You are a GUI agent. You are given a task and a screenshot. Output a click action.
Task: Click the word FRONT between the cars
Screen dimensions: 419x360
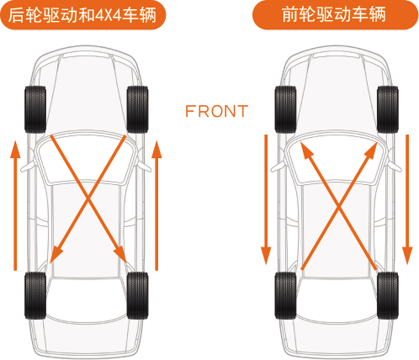click(216, 111)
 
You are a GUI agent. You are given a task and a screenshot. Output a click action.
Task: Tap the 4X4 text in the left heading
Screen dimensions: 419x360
click(109, 15)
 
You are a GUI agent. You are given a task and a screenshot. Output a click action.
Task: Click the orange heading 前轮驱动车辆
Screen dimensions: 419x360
click(335, 15)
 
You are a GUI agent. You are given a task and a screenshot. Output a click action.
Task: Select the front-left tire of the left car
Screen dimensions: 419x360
click(35, 109)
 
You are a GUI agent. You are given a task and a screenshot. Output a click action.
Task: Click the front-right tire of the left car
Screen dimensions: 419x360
click(137, 109)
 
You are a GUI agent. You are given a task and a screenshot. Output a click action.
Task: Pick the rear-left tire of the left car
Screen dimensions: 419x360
click(35, 295)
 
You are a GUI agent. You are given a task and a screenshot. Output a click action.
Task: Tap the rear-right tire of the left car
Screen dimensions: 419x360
click(137, 295)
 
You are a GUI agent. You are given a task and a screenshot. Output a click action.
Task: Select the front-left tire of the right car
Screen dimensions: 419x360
click(285, 109)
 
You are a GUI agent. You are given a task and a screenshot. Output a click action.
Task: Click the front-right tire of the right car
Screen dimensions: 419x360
click(388, 109)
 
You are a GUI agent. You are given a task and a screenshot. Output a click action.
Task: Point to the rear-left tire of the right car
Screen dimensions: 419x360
click(285, 295)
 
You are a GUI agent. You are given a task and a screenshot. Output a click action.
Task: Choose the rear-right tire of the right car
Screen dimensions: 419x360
click(388, 295)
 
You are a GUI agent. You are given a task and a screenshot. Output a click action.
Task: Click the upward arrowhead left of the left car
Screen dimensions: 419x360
click(15, 150)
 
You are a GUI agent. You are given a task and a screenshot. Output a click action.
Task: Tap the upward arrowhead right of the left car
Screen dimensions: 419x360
click(156, 150)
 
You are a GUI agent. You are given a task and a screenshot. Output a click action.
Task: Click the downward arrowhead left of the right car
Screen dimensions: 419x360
click(266, 256)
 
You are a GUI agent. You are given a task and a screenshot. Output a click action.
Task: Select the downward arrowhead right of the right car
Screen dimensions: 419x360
click(407, 256)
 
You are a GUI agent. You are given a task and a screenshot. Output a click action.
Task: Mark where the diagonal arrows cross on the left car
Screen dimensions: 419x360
click(88, 199)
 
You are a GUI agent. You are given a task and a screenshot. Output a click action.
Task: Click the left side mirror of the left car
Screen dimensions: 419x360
click(27, 167)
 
